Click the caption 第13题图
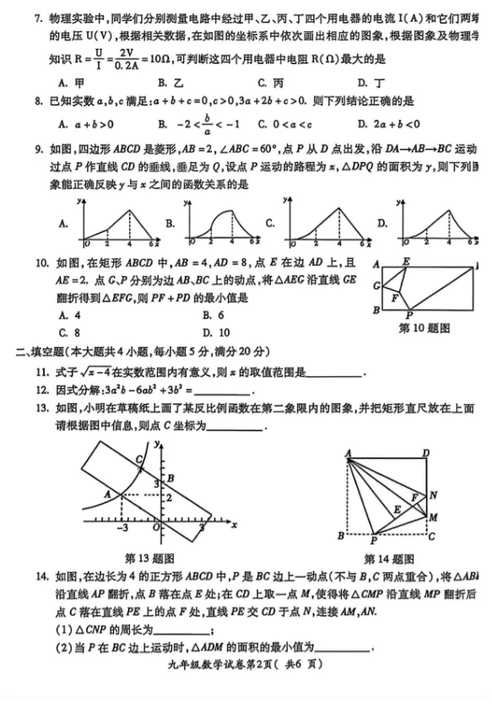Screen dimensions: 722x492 point(149,558)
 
